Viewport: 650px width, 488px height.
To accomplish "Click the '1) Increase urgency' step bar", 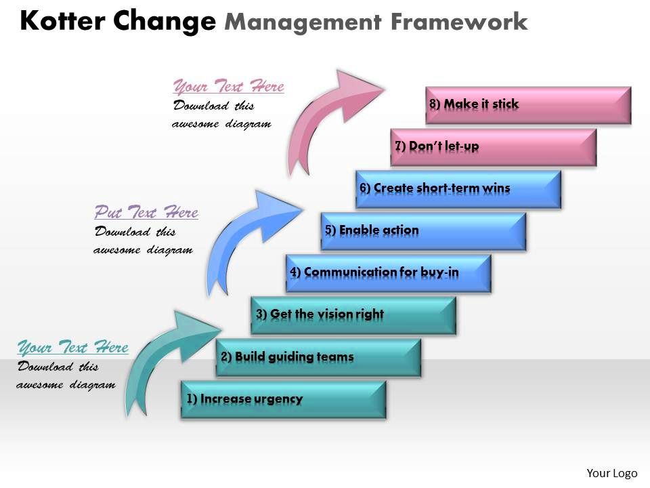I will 283,399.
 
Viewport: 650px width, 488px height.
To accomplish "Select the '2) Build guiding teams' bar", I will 318,357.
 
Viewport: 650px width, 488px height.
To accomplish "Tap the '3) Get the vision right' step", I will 353,314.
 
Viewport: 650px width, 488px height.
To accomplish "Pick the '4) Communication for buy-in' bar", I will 388,273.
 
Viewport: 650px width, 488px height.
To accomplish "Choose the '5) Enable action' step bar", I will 423,231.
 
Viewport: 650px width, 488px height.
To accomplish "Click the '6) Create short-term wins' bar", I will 458,189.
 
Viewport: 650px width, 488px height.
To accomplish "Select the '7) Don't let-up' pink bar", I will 494,147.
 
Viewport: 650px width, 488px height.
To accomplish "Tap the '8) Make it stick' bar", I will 528,104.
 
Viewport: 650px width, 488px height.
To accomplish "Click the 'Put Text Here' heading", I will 146,213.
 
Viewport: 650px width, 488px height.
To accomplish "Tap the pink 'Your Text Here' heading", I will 229,87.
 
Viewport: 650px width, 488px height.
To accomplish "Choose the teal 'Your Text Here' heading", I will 72,348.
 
